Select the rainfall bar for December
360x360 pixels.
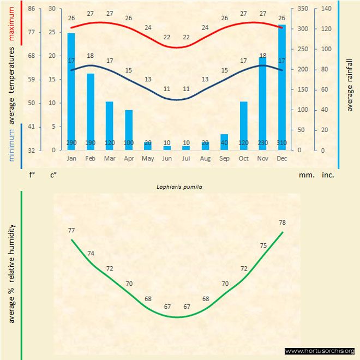point(282,87)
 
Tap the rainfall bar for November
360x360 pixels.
point(263,104)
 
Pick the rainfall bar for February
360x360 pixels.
point(91,112)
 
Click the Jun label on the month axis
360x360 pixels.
point(167,158)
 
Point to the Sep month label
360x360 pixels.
point(224,158)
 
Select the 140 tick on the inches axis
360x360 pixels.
point(327,9)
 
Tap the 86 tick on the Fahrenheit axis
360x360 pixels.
point(32,9)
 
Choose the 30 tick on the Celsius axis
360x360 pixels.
point(51,9)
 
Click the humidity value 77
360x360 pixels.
point(71,231)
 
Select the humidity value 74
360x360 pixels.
point(91,253)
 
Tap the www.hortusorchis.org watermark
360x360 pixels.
point(320,351)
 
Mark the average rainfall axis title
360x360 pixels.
point(350,82)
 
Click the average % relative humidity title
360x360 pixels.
point(11,273)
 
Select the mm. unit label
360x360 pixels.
point(305,176)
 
